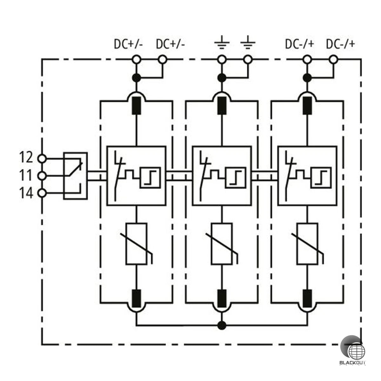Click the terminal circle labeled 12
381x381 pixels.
[42, 158]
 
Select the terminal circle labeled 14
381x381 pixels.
[42, 193]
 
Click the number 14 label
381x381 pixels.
[26, 193]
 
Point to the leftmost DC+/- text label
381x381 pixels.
[128, 44]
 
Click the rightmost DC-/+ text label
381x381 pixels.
[340, 44]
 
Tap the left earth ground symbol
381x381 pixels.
[222, 42]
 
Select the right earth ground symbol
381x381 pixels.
[248, 42]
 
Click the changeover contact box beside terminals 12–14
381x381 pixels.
[75, 176]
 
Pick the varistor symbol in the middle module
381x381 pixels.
[222, 244]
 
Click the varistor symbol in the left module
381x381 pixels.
[137, 244]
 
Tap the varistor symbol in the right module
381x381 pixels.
[307, 244]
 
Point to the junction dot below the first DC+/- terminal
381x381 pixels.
[137, 78]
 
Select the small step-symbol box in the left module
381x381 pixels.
[150, 178]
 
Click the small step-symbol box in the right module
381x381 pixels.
[321, 178]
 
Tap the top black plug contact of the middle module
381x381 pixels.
[222, 106]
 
